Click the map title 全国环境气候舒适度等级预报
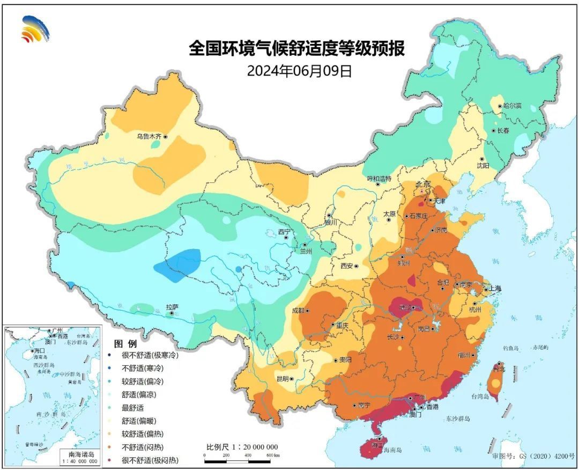pyautogui.click(x=296, y=49)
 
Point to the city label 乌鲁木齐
pyautogui.click(x=149, y=137)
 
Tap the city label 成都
pyautogui.click(x=298, y=310)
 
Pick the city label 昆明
pyautogui.click(x=283, y=378)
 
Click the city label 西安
pyautogui.click(x=347, y=266)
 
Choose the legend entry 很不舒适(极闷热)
pyautogui.click(x=150, y=460)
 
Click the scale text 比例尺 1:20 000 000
pyautogui.click(x=242, y=447)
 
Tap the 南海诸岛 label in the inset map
pyautogui.click(x=79, y=453)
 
